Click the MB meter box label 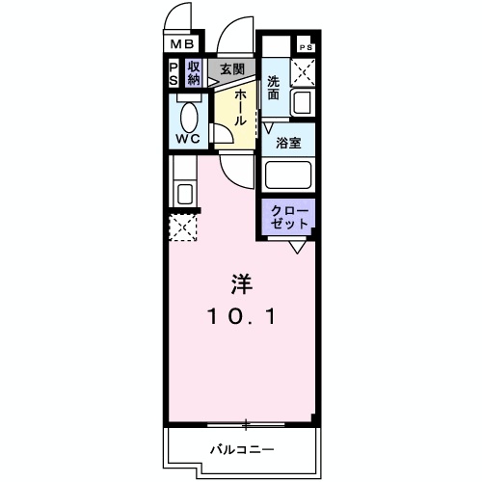pyautogui.click(x=182, y=44)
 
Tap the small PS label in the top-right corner pyautogui.click(x=306, y=47)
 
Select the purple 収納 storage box pyautogui.click(x=194, y=73)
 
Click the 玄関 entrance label pyautogui.click(x=232, y=69)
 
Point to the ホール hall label pyautogui.click(x=240, y=108)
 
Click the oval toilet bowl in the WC pyautogui.click(x=189, y=117)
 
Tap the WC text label pyautogui.click(x=188, y=139)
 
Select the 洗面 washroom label pyautogui.click(x=273, y=88)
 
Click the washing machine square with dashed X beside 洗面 pyautogui.click(x=303, y=72)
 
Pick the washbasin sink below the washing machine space pyautogui.click(x=302, y=102)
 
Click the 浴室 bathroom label pyautogui.click(x=288, y=143)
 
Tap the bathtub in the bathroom pyautogui.click(x=288, y=175)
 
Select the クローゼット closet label pyautogui.click(x=289, y=218)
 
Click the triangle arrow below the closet pyautogui.click(x=297, y=248)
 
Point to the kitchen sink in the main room pyautogui.click(x=185, y=194)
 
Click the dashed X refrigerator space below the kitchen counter pyautogui.click(x=183, y=228)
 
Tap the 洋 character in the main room pyautogui.click(x=242, y=284)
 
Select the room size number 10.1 pyautogui.click(x=242, y=316)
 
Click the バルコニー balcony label pyautogui.click(x=242, y=449)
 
